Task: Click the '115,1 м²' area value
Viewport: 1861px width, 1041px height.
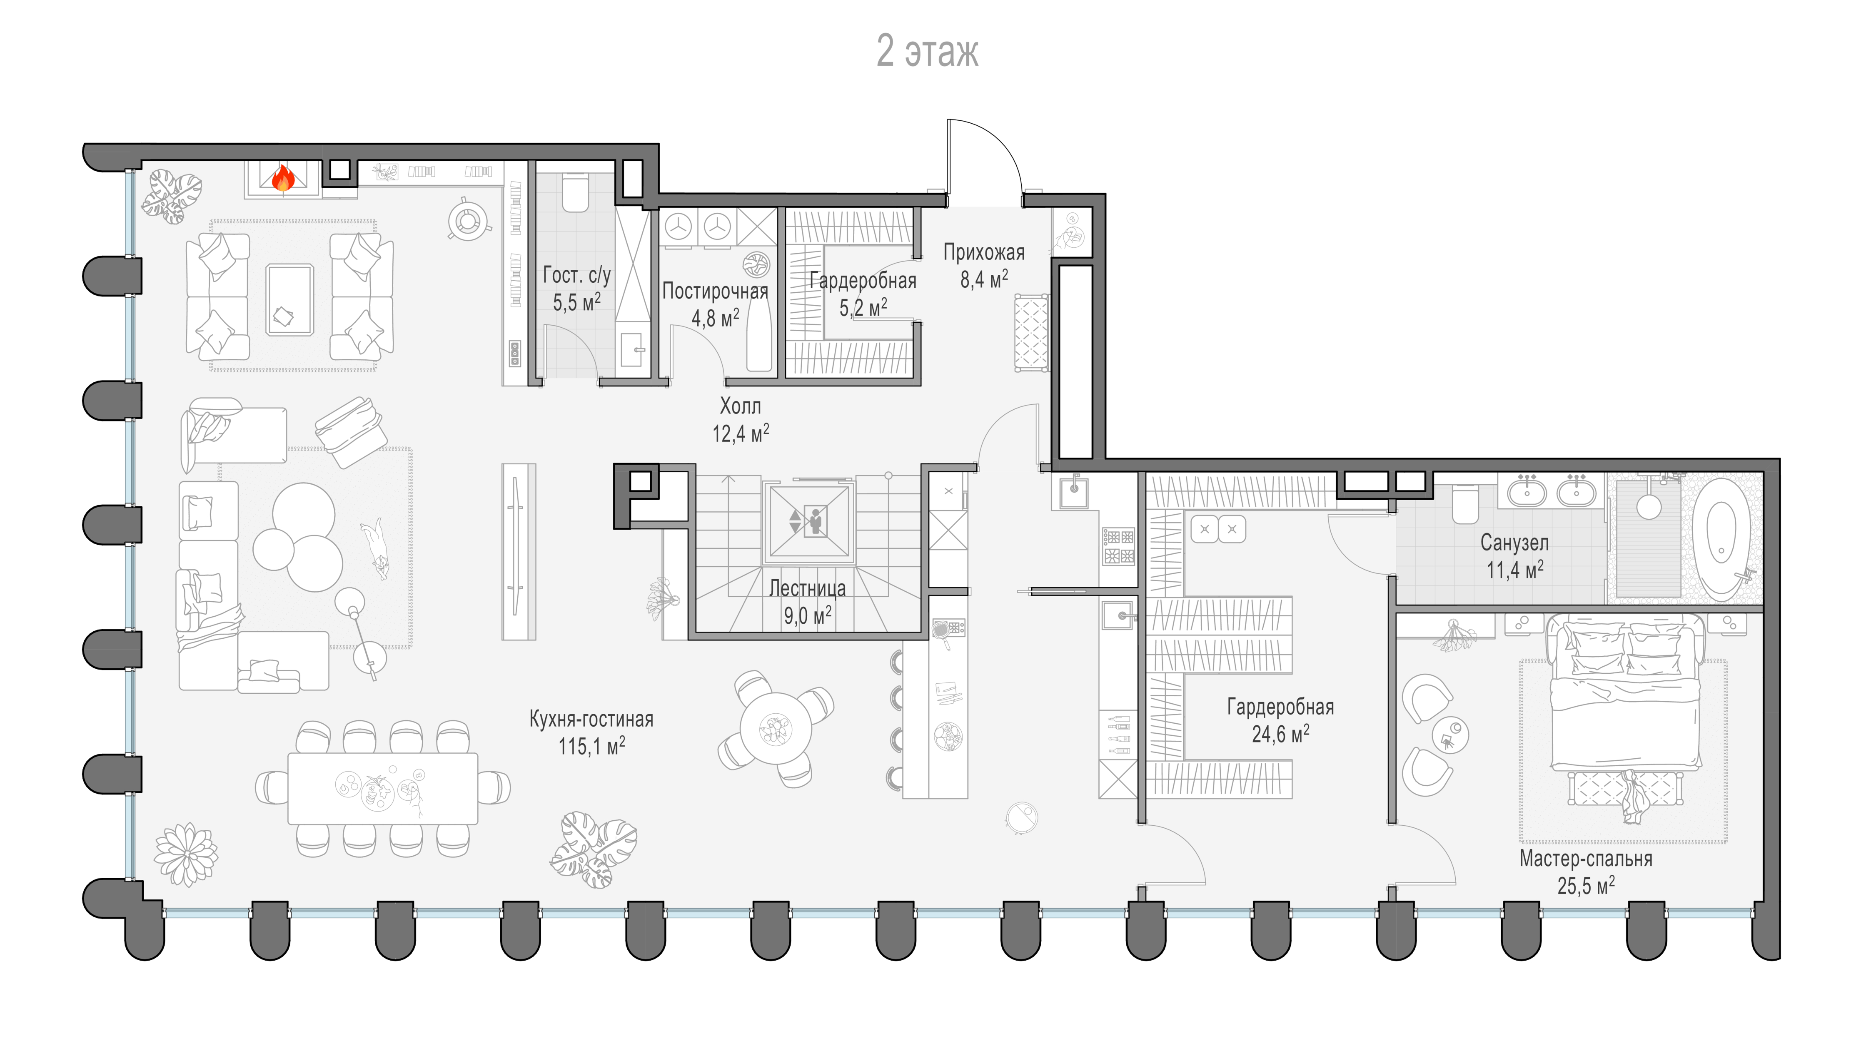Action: pos(592,745)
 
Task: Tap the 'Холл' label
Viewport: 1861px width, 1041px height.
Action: pos(741,406)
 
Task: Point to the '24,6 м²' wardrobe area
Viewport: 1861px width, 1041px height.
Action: pos(1280,734)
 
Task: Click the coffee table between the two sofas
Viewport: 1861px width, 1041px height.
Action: pos(290,299)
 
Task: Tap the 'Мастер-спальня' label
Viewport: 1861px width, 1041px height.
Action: pos(1586,859)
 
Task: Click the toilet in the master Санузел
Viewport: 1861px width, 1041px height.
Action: pos(1466,503)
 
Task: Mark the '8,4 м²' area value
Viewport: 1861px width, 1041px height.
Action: pos(984,279)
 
